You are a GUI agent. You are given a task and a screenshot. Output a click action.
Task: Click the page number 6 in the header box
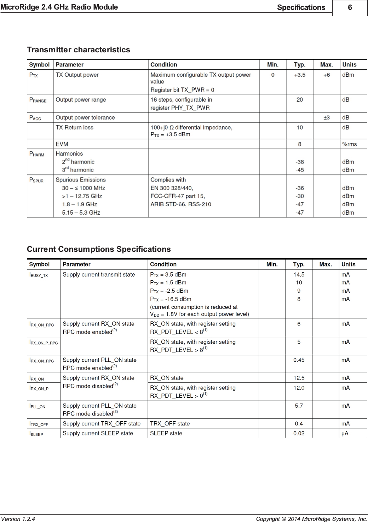[350, 7]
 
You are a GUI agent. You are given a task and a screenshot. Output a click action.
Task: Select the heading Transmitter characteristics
[79, 50]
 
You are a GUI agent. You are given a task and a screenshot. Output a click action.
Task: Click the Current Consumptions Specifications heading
[99, 249]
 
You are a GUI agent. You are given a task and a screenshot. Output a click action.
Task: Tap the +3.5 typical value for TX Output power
[299, 75]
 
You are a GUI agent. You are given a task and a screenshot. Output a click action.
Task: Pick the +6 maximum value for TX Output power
[326, 75]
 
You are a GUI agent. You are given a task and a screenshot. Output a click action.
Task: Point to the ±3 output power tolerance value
[326, 117]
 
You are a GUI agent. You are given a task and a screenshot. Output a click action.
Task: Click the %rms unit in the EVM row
[349, 144]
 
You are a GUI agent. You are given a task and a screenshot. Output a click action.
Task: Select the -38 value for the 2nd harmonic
[299, 162]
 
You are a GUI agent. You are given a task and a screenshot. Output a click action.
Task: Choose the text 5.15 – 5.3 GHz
[81, 213]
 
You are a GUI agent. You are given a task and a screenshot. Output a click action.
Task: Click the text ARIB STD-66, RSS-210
[181, 204]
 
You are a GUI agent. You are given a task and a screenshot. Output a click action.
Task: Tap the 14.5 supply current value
[299, 274]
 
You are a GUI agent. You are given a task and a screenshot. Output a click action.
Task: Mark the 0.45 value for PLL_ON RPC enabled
[299, 360]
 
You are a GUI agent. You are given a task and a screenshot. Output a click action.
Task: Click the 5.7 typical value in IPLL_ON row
[299, 406]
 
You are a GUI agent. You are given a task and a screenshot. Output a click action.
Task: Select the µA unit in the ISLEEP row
[345, 433]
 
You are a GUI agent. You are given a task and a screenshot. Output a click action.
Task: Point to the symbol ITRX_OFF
[39, 424]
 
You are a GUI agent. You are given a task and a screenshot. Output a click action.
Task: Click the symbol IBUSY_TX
[39, 275]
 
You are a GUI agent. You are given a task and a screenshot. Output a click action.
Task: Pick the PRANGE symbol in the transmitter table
[38, 100]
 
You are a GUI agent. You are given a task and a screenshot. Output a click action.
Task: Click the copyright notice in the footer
[311, 519]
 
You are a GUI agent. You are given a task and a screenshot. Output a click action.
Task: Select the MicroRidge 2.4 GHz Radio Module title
[59, 7]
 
